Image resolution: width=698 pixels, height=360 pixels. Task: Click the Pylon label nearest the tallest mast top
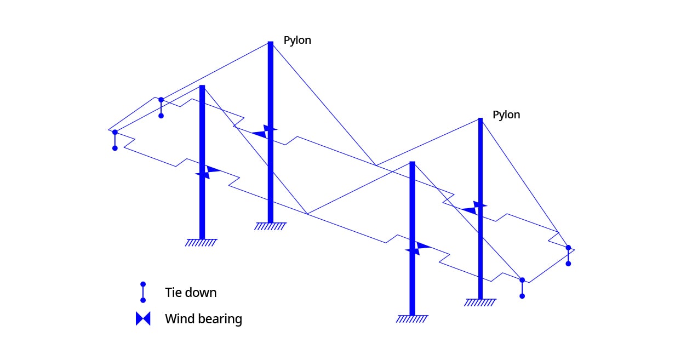click(297, 41)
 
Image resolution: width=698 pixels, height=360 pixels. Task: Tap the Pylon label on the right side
click(506, 115)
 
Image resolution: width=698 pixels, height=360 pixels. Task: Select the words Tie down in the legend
click(191, 293)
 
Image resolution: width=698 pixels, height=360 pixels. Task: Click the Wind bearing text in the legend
click(203, 319)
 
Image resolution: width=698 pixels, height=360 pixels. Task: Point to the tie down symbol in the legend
click(143, 292)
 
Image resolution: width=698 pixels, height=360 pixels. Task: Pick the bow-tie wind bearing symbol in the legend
click(143, 319)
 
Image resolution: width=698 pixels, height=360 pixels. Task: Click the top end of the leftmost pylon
click(202, 87)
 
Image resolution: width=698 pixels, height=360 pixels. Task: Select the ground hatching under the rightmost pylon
click(480, 302)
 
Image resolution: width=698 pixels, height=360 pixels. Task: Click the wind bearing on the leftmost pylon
click(207, 172)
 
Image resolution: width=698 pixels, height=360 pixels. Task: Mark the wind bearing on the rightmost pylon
click(474, 208)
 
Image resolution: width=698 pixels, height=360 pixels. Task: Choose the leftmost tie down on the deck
click(115, 140)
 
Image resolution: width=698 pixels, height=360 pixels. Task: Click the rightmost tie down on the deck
click(568, 255)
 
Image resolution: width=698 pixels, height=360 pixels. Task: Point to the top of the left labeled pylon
click(270, 43)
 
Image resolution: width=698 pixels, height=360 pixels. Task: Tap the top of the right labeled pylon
click(480, 119)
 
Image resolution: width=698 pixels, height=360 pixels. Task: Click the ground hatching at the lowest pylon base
click(412, 318)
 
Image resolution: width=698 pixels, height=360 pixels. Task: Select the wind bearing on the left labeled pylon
click(265, 132)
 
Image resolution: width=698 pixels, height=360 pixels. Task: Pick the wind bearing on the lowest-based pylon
click(417, 248)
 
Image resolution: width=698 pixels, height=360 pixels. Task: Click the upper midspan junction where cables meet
click(376, 165)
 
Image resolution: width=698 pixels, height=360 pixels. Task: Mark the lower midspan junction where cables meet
click(307, 214)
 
